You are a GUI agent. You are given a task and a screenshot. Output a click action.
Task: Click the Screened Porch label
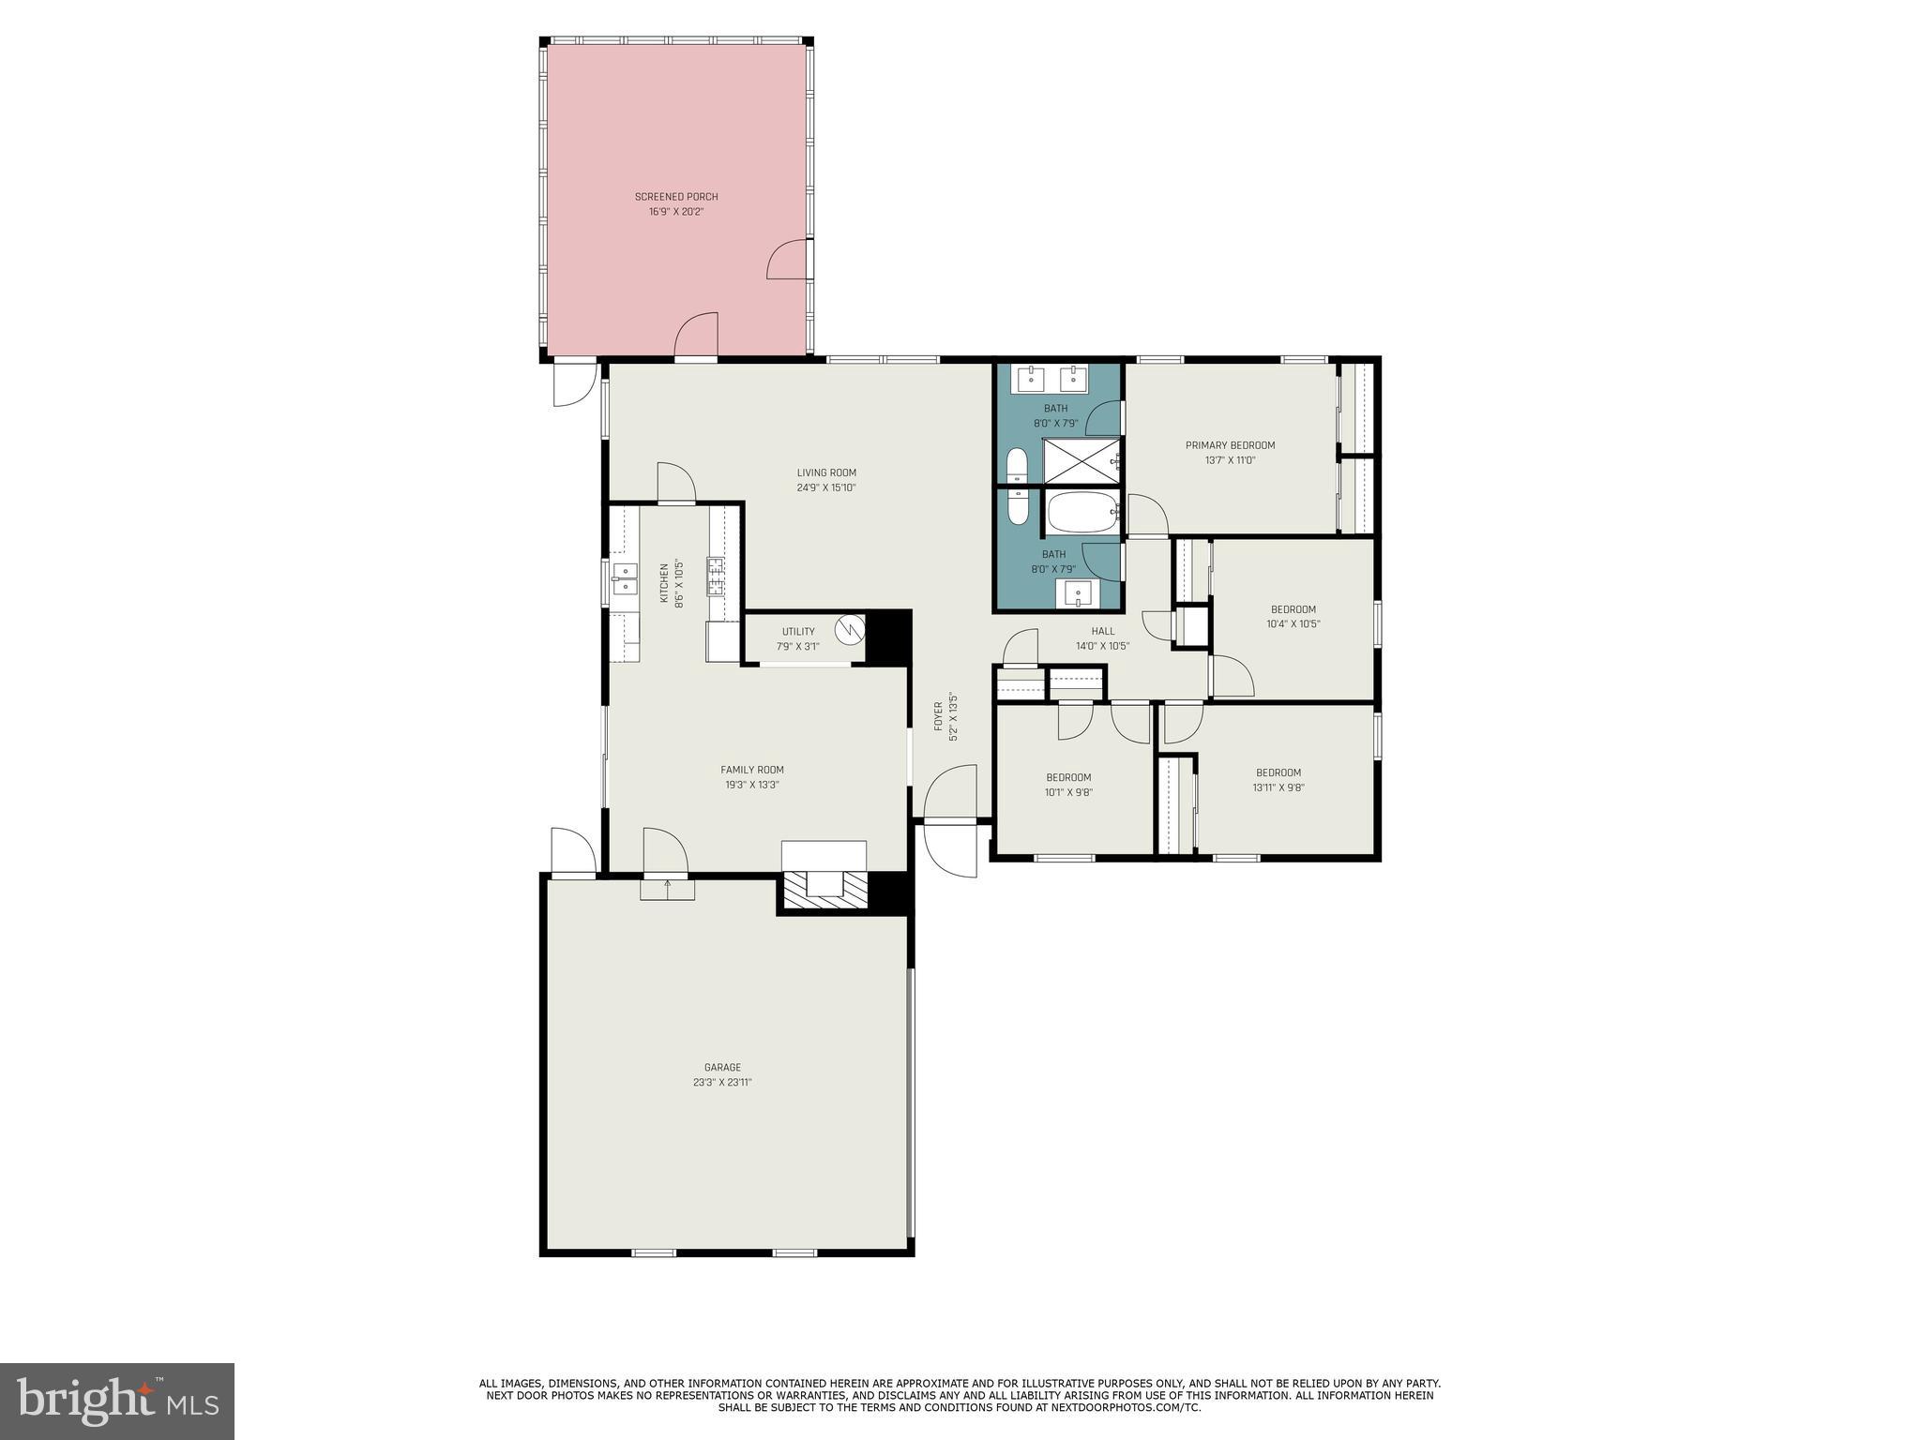pos(675,197)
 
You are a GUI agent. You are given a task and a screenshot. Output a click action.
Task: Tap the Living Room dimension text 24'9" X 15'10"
pos(826,487)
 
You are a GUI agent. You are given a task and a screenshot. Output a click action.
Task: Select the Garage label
pos(722,1067)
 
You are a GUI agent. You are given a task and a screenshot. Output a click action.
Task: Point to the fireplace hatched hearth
pos(825,890)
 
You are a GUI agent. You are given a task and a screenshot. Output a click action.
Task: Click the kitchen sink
pos(624,578)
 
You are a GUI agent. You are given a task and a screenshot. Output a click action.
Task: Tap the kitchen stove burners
pos(716,576)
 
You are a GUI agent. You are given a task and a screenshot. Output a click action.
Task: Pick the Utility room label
pos(798,631)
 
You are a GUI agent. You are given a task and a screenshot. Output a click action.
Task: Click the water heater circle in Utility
pos(851,628)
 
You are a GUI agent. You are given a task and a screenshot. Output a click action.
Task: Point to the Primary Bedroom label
pos(1230,445)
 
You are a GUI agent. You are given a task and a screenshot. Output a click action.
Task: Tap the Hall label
pos(1103,631)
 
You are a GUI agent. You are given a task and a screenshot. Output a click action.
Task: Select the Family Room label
pos(751,770)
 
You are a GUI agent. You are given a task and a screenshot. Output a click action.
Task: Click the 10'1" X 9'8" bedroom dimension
pos(1068,792)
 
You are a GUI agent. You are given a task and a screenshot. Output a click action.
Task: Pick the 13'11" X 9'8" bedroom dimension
pos(1278,787)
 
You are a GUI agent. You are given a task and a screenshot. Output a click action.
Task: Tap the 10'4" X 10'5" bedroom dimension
pos(1293,623)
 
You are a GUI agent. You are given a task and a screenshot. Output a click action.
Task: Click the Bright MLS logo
pos(117,1401)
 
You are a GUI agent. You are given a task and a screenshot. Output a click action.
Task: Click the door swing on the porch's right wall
pos(788,260)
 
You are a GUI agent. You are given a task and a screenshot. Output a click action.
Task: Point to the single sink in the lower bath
pos(1078,592)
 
